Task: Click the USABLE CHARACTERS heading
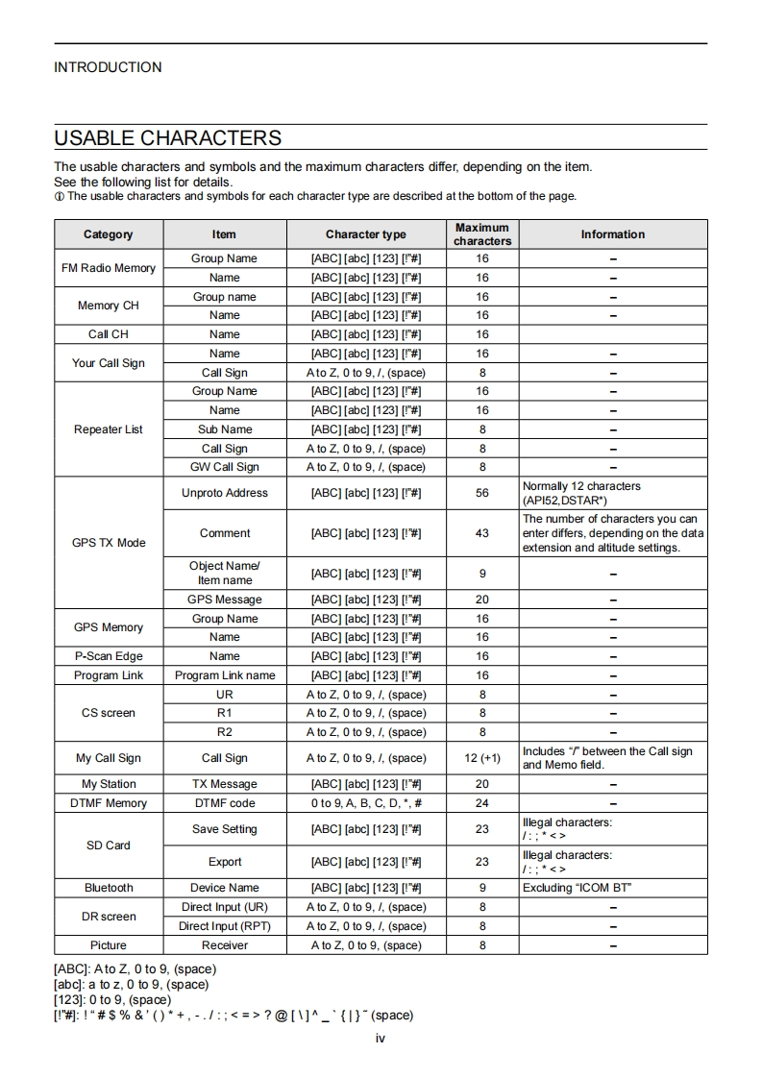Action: click(168, 137)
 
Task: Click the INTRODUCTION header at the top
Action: click(108, 67)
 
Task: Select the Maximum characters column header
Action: click(482, 234)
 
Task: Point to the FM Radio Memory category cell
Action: click(109, 268)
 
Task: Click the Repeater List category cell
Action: click(109, 429)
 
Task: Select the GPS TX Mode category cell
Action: click(109, 543)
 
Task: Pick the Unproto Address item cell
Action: click(225, 493)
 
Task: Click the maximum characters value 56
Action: click(482, 493)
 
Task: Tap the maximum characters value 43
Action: click(482, 533)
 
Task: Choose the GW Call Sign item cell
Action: click(225, 467)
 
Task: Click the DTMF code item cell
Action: click(225, 803)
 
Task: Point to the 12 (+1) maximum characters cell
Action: click(482, 758)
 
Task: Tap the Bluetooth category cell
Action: click(109, 888)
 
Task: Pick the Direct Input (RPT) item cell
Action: click(225, 926)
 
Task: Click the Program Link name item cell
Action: click(225, 675)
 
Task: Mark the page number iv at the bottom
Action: click(381, 1038)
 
